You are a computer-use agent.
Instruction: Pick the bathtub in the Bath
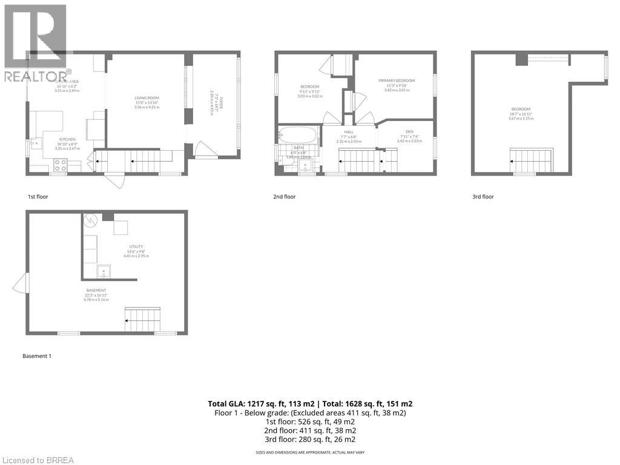click(297, 135)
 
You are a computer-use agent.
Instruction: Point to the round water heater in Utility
click(90, 221)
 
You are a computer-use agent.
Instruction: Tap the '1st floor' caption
click(38, 197)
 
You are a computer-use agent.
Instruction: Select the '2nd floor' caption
click(284, 197)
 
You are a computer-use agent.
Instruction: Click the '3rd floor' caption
click(483, 197)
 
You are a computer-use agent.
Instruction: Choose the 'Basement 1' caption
click(37, 356)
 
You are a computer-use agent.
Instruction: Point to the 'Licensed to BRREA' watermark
click(38, 460)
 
